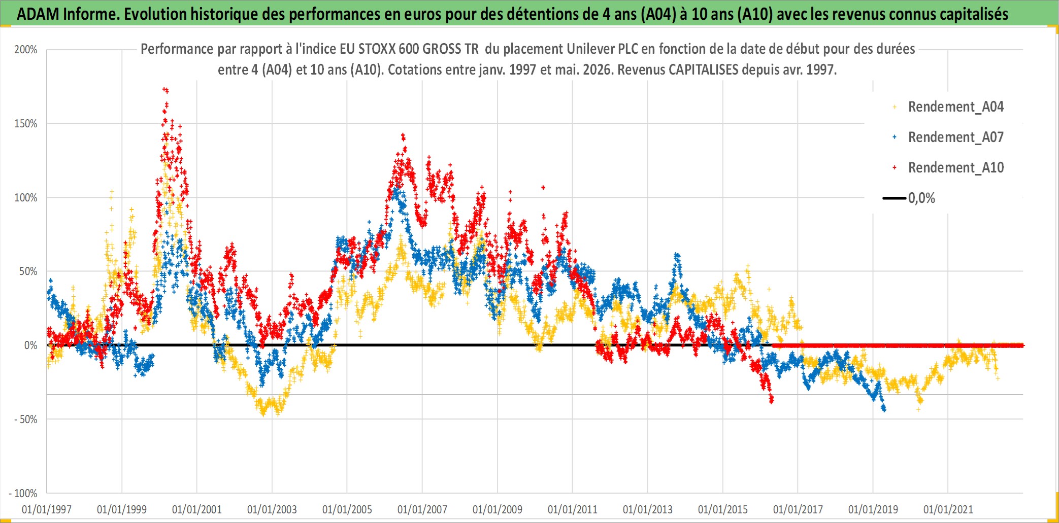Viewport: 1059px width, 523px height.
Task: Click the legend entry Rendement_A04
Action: point(955,107)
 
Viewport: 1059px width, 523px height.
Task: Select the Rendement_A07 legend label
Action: point(955,137)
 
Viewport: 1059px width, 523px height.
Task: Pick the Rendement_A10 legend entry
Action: point(955,168)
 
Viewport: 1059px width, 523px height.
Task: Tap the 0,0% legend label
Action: point(921,198)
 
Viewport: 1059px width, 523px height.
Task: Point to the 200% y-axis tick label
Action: point(26,50)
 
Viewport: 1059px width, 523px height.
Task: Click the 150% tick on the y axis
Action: point(26,124)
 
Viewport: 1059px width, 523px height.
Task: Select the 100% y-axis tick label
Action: point(26,198)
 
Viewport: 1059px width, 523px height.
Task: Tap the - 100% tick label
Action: point(23,493)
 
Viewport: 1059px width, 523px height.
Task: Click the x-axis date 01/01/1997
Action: point(47,509)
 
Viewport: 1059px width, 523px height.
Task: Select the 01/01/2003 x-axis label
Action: point(272,509)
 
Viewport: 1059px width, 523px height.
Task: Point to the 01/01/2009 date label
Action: point(498,509)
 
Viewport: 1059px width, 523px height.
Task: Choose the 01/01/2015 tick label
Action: point(723,509)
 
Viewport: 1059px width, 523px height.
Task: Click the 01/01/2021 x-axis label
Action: point(948,509)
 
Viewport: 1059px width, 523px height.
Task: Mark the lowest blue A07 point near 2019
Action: point(884,409)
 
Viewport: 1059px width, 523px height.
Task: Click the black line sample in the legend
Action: point(895,198)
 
